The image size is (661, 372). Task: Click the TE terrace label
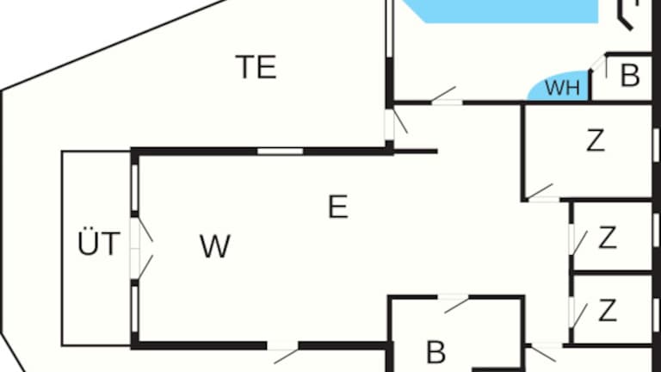pos(256,66)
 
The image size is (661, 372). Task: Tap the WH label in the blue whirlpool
pos(563,87)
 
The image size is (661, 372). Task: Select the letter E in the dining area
pos(338,207)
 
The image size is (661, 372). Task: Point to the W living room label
pos(214,247)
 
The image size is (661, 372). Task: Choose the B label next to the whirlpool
pos(630,76)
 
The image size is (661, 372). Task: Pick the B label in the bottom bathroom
pos(436,351)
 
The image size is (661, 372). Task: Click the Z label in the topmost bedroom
pos(595,140)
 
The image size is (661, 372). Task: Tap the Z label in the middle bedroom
pos(608,238)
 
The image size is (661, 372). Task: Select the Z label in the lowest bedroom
pos(608,310)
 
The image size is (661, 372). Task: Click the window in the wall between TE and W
pos(280,152)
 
